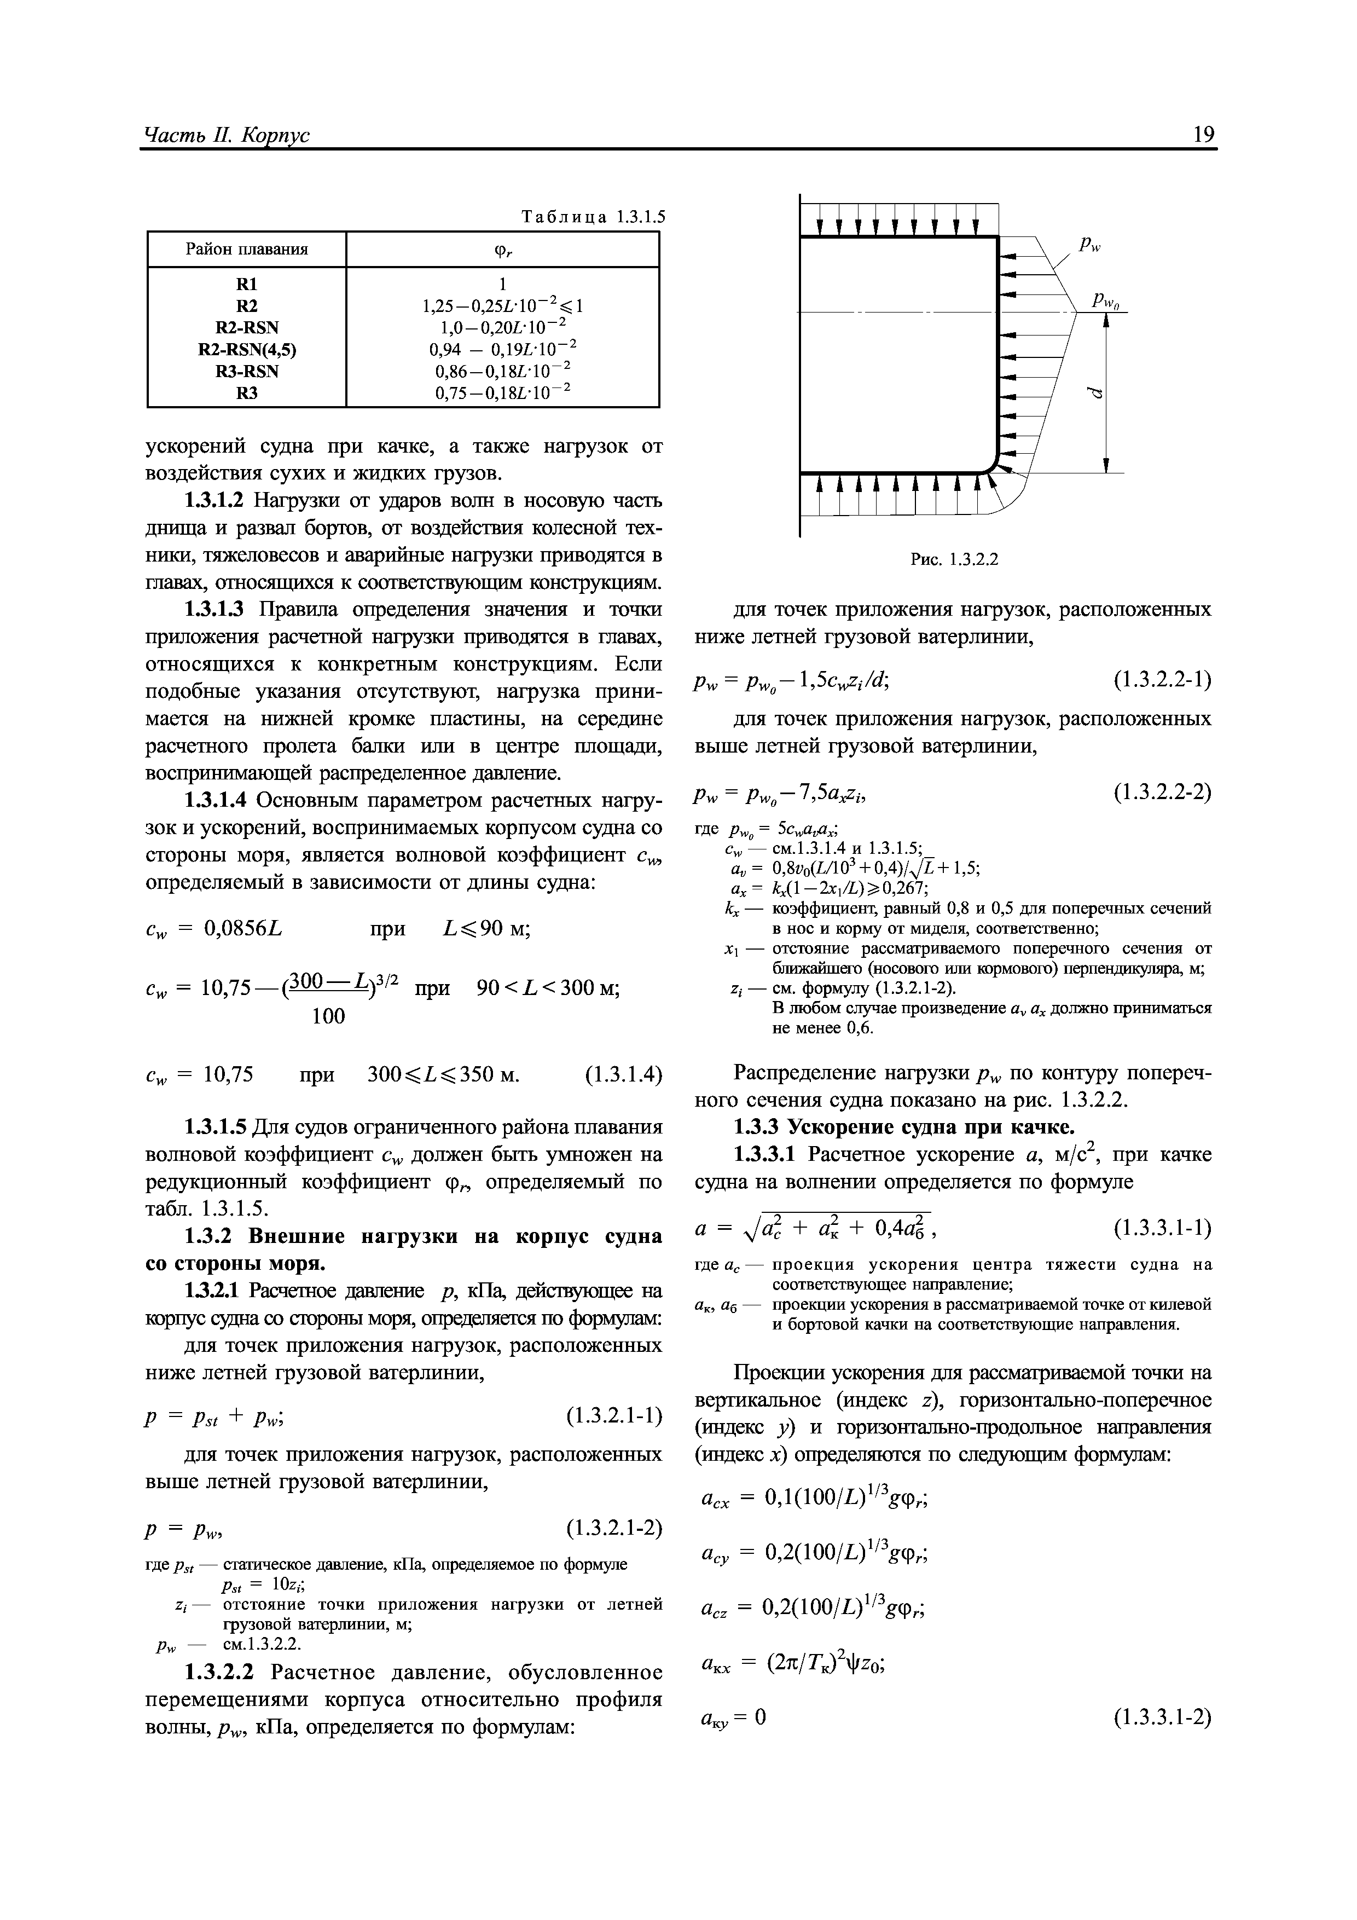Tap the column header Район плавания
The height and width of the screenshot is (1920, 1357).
point(247,249)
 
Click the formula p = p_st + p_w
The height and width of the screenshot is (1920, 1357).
point(217,1416)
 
